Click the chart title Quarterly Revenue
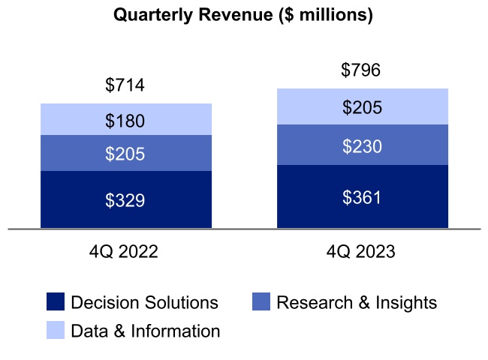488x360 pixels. click(x=242, y=15)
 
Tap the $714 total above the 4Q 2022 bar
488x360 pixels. click(x=125, y=85)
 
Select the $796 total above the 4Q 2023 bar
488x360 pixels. click(x=362, y=70)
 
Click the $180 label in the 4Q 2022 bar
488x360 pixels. click(x=125, y=121)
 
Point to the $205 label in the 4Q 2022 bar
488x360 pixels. click(x=125, y=154)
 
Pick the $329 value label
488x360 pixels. click(x=125, y=200)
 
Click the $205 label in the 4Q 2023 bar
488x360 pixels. click(x=362, y=108)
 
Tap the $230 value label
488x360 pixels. click(x=362, y=147)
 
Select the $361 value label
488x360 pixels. click(x=362, y=197)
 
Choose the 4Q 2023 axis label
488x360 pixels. click(x=361, y=252)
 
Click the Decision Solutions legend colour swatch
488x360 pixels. click(x=56, y=302)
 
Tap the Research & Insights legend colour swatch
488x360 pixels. click(x=260, y=302)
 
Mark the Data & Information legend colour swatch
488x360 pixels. click(x=56, y=330)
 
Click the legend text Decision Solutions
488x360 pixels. click(x=144, y=303)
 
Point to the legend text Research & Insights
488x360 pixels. click(x=357, y=303)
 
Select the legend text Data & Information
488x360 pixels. click(x=146, y=331)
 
